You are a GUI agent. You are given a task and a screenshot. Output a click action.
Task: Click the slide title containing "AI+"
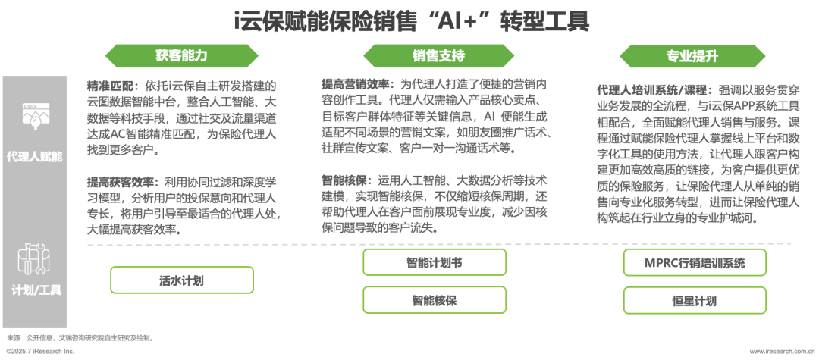(x=410, y=21)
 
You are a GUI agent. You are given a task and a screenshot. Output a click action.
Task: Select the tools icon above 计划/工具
(x=34, y=258)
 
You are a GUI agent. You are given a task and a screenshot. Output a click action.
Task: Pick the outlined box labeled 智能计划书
(x=434, y=262)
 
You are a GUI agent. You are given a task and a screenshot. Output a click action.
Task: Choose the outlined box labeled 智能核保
(x=434, y=300)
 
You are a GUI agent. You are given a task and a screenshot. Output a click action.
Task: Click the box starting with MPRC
(x=694, y=262)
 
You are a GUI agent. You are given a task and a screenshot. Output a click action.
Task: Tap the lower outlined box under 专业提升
(x=694, y=300)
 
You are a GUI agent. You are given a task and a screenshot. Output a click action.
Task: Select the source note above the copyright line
(x=80, y=337)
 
